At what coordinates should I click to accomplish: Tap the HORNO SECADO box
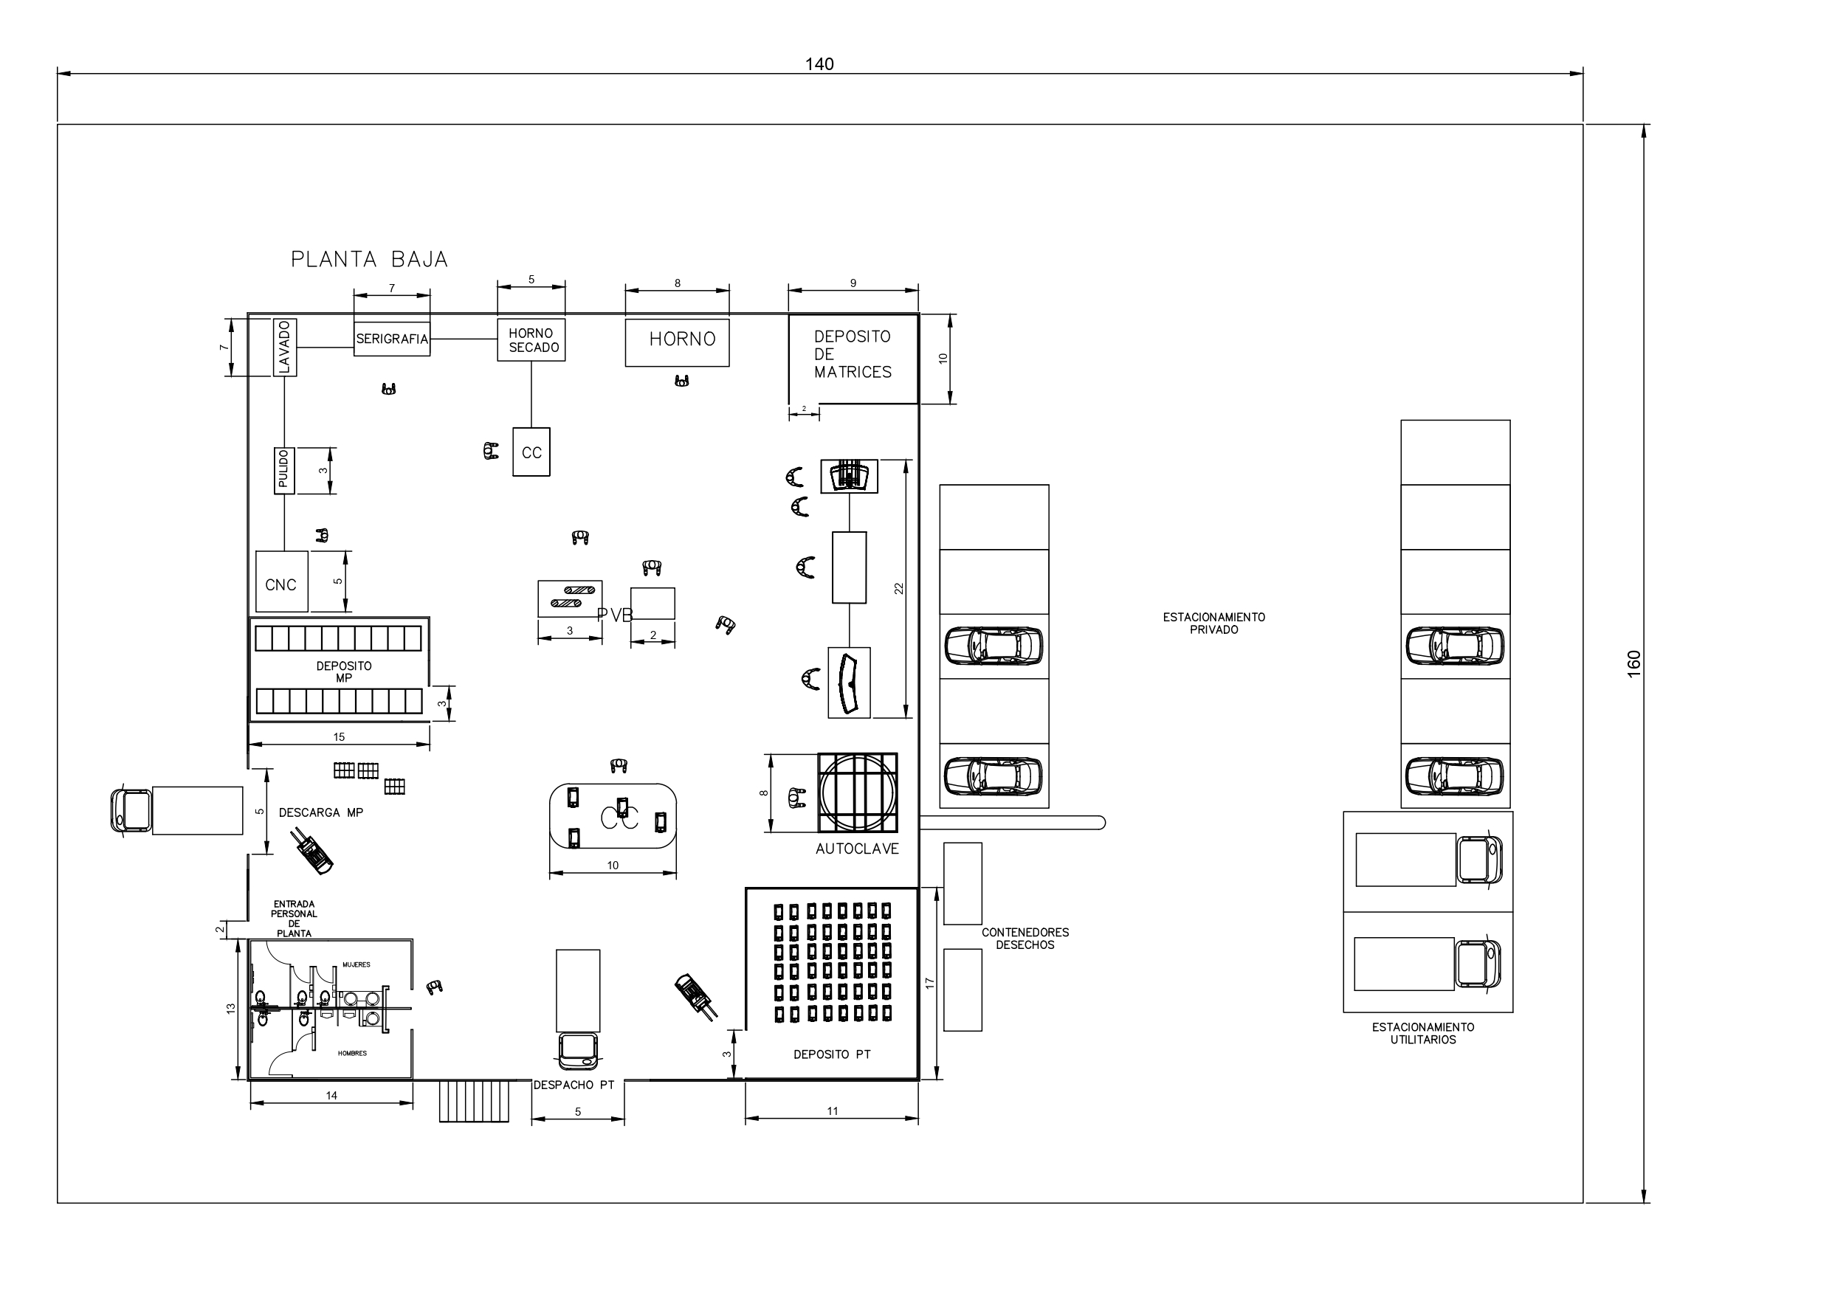[x=531, y=340]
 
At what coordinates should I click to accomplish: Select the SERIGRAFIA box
[x=392, y=339]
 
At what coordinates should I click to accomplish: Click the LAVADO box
[x=285, y=347]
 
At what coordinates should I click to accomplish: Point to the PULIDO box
[x=284, y=471]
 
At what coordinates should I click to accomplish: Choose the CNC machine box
[x=282, y=581]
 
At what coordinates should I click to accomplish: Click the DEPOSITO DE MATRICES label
[x=853, y=354]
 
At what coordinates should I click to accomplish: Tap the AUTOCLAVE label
[x=857, y=849]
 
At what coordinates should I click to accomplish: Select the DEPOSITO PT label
[x=832, y=1055]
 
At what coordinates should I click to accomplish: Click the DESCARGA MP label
[x=321, y=813]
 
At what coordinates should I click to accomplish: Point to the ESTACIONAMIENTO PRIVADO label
[x=1213, y=624]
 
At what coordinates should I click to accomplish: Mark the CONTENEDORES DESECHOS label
[x=1025, y=939]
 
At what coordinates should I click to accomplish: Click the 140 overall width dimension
[x=819, y=65]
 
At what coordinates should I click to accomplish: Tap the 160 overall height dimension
[x=1634, y=665]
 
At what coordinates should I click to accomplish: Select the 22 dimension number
[x=899, y=589]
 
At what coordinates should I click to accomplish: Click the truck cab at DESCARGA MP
[x=131, y=811]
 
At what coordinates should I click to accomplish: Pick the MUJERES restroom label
[x=357, y=965]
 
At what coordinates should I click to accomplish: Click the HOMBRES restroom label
[x=352, y=1054]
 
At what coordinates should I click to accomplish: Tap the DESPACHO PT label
[x=574, y=1085]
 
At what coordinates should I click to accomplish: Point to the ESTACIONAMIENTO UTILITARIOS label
[x=1422, y=1033]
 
